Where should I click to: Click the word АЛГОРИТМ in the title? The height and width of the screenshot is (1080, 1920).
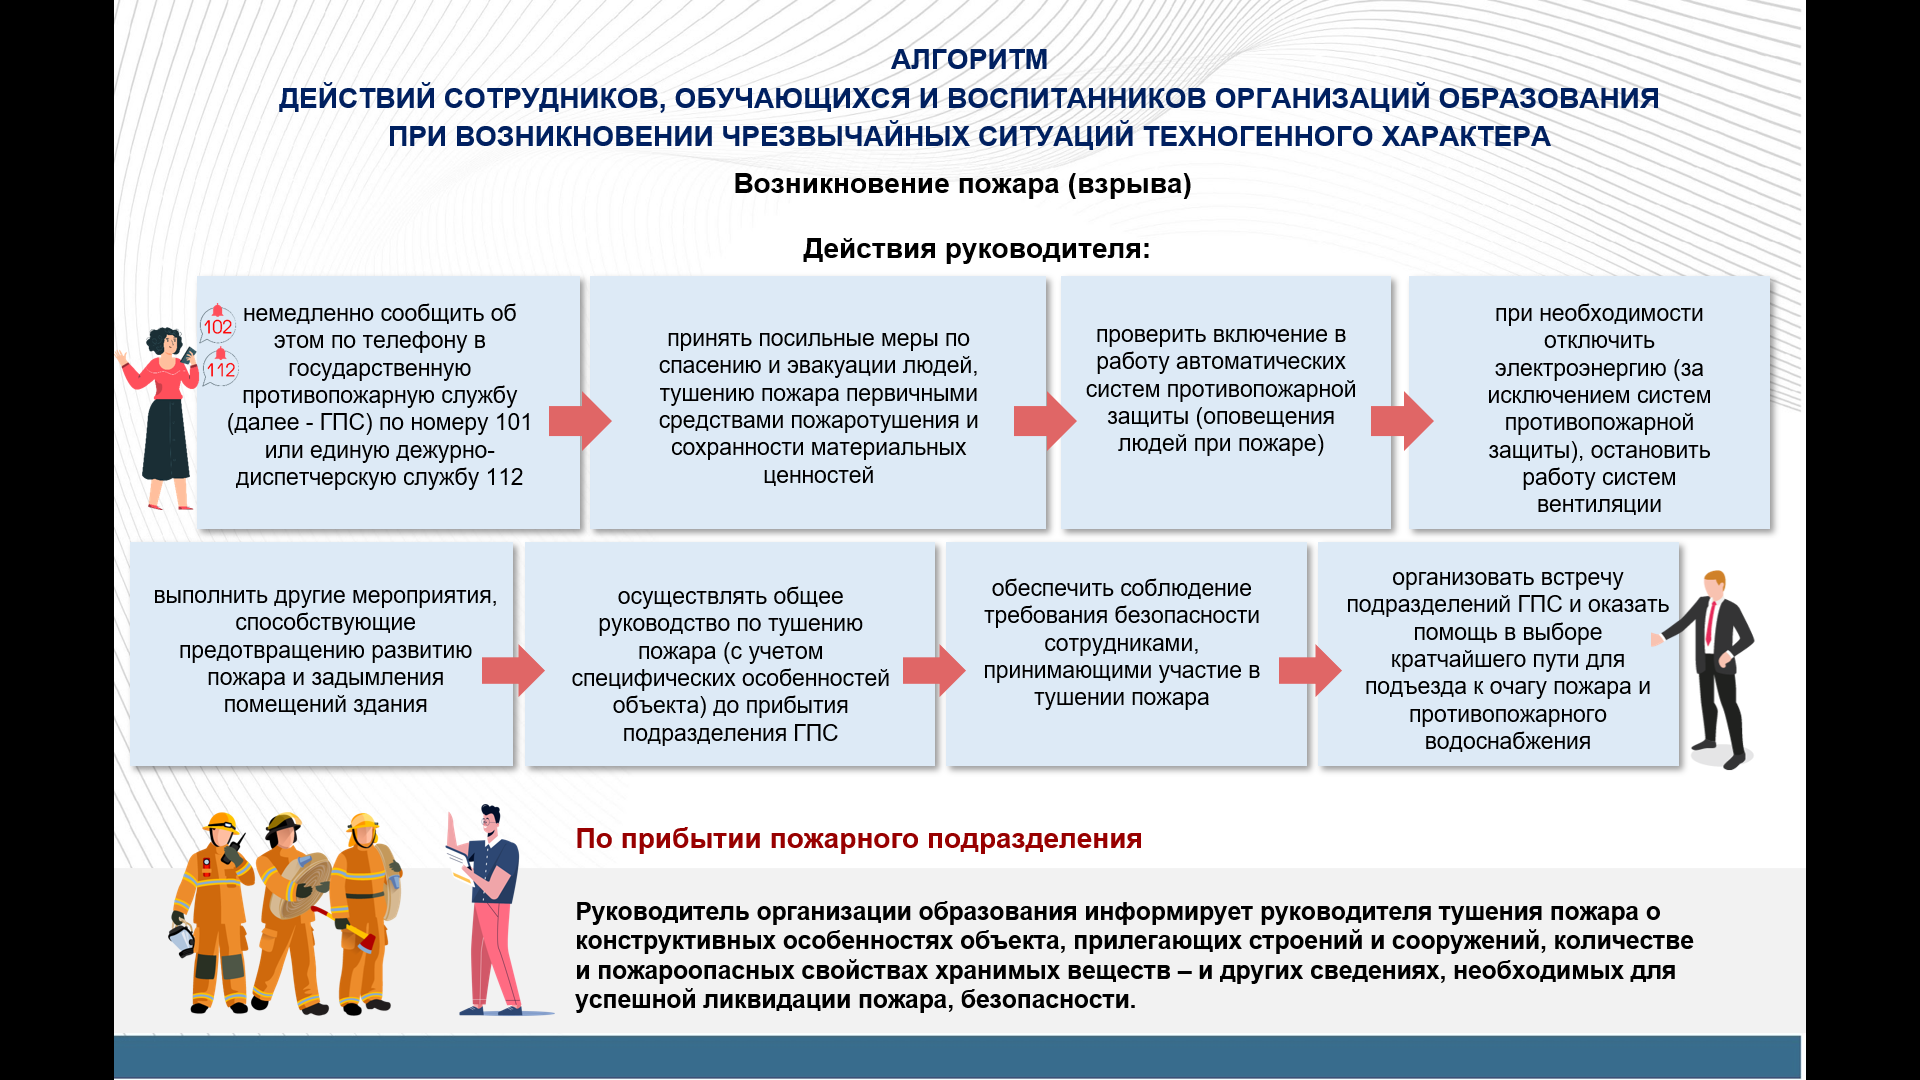pos(969,60)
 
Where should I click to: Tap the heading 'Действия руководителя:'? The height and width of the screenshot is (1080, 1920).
pos(976,249)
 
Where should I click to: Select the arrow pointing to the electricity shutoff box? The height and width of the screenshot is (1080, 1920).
pos(1402,421)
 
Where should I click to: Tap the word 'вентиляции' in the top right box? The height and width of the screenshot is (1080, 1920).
pos(1599,505)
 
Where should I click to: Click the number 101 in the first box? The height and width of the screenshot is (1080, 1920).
pos(513,422)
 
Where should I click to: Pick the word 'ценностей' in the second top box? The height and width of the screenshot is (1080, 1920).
pos(818,476)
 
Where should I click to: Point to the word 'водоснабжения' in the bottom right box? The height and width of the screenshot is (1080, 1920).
pos(1507,742)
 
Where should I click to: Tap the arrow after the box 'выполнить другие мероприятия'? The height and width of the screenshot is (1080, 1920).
pos(513,670)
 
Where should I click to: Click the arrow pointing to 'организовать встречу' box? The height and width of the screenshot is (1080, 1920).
pos(1310,670)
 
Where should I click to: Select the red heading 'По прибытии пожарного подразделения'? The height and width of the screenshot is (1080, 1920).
pos(858,839)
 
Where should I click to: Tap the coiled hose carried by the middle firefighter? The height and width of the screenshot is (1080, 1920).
pos(299,886)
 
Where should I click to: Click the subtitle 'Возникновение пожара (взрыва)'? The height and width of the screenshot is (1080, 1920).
pos(962,184)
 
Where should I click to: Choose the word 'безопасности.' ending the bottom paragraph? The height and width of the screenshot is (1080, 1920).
pos(1048,1000)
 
